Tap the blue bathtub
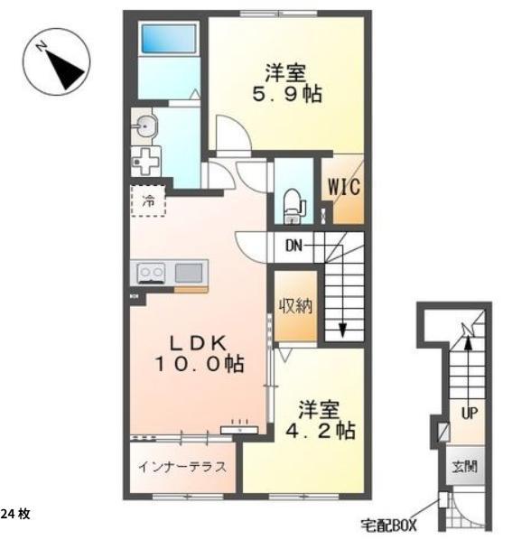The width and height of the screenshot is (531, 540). [x=169, y=41]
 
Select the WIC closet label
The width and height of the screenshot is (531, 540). [x=344, y=188]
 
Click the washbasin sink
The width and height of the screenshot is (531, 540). [x=145, y=125]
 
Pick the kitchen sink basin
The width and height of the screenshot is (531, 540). [x=190, y=271]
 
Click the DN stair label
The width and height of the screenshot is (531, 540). [x=294, y=246]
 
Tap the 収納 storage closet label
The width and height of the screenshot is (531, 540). [x=295, y=305]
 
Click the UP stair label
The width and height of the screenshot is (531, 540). [x=469, y=413]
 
